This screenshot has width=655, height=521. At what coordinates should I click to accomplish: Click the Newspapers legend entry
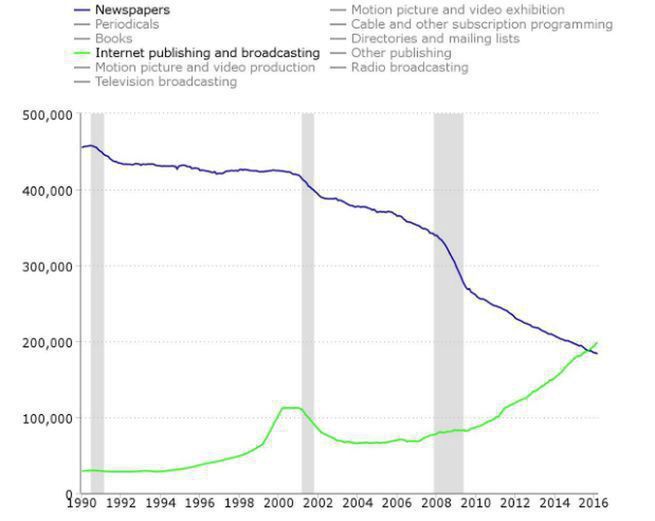tap(132, 10)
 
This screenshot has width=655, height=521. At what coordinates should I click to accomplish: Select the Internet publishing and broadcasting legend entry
tap(207, 52)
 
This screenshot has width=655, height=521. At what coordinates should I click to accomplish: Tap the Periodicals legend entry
tap(126, 24)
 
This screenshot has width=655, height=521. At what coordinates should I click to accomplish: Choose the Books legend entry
tap(113, 38)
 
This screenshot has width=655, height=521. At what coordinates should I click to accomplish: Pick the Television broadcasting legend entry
tap(165, 81)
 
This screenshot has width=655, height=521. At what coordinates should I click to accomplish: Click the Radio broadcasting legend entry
tap(409, 67)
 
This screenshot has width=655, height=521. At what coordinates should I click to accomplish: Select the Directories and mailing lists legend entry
tap(435, 38)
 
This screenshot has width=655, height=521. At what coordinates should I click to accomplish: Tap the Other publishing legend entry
tap(400, 52)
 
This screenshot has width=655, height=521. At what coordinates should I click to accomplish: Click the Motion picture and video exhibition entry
tap(457, 10)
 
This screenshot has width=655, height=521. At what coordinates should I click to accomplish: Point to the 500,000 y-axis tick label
tap(47, 115)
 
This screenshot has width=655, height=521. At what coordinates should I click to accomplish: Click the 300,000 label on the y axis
tap(47, 267)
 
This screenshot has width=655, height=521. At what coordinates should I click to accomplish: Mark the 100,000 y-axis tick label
tap(47, 418)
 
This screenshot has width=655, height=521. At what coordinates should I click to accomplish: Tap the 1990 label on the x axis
tap(81, 502)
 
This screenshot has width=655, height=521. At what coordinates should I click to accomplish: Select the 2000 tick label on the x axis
tap(278, 502)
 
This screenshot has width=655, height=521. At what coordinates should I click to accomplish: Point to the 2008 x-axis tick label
tap(435, 502)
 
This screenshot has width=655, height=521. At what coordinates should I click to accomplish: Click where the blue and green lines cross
tap(589, 350)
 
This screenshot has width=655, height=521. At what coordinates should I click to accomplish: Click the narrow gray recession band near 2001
tap(308, 300)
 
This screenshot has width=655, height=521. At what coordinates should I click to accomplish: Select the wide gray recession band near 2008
tap(448, 300)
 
